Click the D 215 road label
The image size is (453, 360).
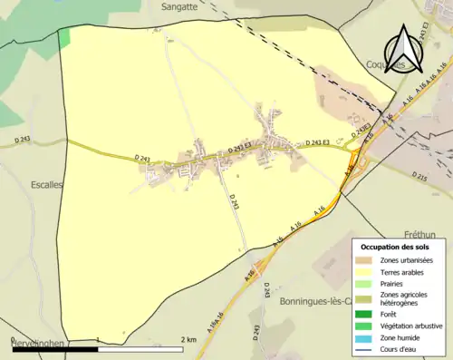point(420,174)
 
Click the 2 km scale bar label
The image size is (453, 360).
point(188,339)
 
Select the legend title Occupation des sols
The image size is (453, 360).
point(395,247)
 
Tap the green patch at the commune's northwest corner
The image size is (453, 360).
point(63,37)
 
